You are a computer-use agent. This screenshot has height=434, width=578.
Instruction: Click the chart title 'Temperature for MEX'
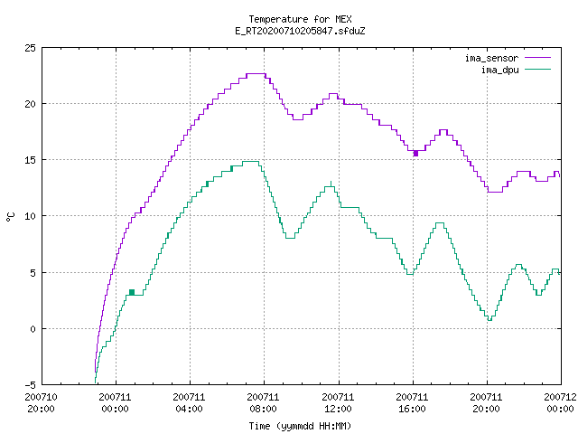point(300,19)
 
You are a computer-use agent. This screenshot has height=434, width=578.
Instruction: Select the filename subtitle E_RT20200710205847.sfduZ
point(300,31)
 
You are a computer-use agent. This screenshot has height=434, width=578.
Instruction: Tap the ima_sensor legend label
point(491,58)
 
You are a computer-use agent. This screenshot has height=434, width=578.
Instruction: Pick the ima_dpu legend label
point(499,70)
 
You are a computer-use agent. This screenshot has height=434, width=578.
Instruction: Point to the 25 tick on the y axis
point(30,48)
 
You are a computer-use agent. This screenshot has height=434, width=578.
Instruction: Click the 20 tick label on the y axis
point(30,104)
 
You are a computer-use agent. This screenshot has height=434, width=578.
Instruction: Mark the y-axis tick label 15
point(30,160)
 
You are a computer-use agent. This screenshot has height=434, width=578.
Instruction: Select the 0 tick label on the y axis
point(33,329)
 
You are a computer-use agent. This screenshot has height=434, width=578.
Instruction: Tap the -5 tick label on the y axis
point(30,385)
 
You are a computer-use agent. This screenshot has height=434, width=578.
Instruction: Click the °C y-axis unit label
point(11,217)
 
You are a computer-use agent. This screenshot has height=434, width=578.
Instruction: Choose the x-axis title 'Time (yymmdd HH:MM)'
point(300,426)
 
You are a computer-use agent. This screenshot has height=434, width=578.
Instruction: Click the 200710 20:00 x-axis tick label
point(41,403)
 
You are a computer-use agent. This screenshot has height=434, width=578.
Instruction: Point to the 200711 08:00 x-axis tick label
point(263,403)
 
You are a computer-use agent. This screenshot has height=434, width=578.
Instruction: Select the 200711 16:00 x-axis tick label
point(412,403)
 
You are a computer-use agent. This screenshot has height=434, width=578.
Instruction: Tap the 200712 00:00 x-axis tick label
point(560,403)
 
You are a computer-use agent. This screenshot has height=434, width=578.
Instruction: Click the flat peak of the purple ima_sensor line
point(256,74)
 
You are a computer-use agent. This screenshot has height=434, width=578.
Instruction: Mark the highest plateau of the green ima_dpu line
point(251,161)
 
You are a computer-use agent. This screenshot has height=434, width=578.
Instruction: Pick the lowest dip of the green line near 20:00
point(489,319)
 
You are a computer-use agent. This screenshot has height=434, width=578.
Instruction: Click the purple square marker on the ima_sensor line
point(415,153)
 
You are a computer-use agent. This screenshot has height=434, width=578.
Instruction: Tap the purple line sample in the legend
point(538,58)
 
